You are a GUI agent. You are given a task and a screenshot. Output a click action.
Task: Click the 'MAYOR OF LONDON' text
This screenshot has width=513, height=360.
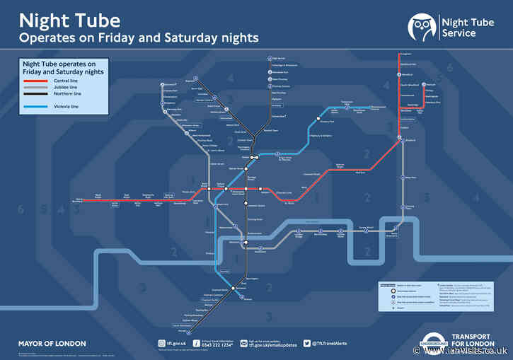[52, 344]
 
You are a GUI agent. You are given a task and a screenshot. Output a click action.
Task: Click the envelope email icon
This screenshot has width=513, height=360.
[241, 344]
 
